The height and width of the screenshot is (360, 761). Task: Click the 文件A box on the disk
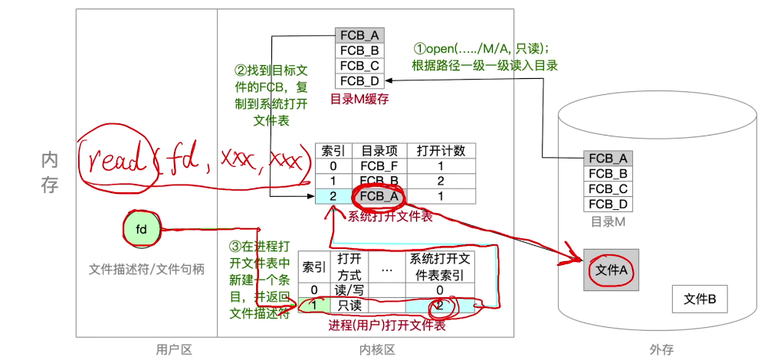[612, 270]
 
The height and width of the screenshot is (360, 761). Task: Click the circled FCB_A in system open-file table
[378, 196]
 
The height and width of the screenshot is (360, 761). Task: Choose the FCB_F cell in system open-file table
[378, 165]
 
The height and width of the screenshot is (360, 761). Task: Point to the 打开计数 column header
[441, 150]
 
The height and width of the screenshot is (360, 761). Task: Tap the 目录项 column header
[378, 150]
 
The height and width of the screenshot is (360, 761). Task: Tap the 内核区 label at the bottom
[377, 349]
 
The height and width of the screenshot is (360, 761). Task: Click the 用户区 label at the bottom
[173, 349]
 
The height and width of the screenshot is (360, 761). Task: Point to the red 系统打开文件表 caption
[389, 217]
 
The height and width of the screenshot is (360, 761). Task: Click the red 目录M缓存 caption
[360, 99]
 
